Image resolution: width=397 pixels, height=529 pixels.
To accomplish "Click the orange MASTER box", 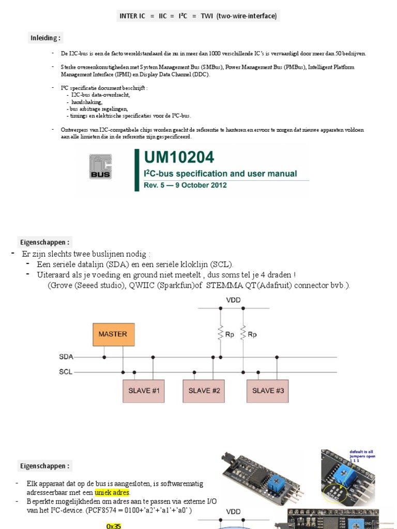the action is coord(113,334).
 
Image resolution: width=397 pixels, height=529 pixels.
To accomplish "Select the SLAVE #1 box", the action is coord(142,391).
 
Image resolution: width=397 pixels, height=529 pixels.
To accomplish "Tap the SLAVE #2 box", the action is coord(204,391).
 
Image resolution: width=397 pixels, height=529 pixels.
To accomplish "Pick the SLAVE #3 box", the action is coord(268,391).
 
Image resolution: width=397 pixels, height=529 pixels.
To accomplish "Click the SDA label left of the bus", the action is coord(66,356).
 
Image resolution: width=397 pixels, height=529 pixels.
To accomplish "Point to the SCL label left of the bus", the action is coord(66,371).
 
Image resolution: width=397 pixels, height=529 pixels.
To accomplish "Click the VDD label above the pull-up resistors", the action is coord(233,300).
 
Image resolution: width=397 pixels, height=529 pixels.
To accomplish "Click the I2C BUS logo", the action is coord(100,167).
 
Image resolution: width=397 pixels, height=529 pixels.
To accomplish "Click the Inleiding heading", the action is coord(45,38).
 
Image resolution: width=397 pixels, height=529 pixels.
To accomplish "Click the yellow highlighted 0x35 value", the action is coord(113,526).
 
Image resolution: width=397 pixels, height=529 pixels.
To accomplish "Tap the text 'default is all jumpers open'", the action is coord(362,454).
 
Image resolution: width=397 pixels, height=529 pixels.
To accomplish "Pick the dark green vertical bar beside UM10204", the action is coord(137,170).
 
